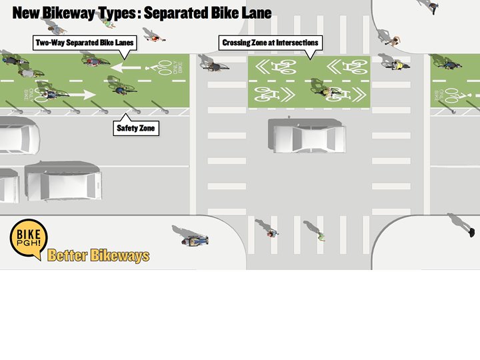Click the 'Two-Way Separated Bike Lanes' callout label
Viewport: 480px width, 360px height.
click(x=85, y=43)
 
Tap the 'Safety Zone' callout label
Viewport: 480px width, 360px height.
click(x=136, y=127)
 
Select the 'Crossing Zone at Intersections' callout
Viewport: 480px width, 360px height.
click(x=270, y=43)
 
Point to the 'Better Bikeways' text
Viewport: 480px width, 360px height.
click(x=99, y=255)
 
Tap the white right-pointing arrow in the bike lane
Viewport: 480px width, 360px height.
click(x=80, y=94)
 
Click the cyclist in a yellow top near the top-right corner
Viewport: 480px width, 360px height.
click(x=398, y=65)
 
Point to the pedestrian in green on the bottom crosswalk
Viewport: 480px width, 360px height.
click(x=321, y=235)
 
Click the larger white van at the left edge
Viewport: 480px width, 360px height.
click(x=63, y=180)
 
